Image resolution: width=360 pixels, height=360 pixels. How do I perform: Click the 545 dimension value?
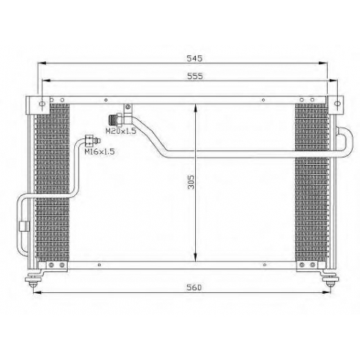(x=194, y=58)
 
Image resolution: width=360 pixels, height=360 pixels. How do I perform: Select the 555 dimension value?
(x=195, y=76)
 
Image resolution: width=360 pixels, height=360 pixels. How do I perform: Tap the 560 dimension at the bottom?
(x=194, y=287)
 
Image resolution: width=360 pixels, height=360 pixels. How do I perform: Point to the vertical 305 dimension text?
(x=191, y=182)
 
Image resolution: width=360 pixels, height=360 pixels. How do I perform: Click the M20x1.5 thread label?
(x=121, y=131)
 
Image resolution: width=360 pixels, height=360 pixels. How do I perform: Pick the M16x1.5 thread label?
(x=99, y=151)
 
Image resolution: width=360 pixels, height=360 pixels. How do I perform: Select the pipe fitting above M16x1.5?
(x=92, y=140)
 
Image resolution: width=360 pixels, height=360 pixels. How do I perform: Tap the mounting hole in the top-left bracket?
(x=42, y=104)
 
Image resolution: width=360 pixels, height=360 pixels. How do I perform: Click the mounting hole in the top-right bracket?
(x=338, y=104)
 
